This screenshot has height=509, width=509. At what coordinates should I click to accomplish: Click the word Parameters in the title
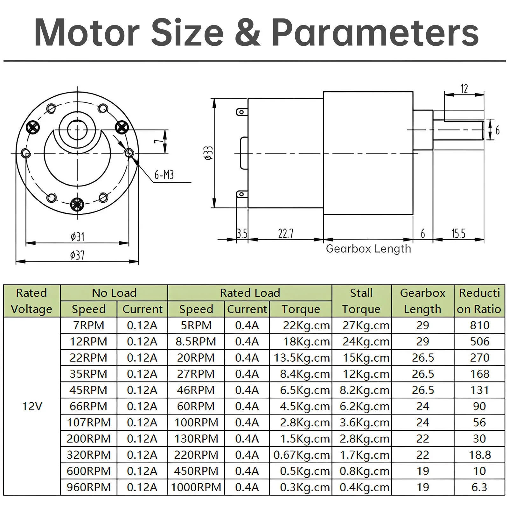click(375, 33)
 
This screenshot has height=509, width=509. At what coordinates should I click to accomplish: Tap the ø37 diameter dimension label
click(77, 255)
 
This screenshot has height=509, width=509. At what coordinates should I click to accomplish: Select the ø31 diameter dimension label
click(77, 237)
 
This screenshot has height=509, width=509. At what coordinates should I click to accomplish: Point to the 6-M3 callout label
click(164, 175)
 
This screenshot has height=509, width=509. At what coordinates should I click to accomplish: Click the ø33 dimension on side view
click(209, 153)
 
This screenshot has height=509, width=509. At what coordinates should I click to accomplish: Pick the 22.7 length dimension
click(286, 234)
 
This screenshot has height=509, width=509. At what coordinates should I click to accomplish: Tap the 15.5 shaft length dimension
click(458, 234)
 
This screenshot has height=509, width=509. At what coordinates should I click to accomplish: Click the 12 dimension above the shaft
click(464, 89)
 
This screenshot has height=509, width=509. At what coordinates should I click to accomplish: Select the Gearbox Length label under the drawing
click(368, 249)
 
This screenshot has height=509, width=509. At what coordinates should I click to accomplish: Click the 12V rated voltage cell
click(32, 406)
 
